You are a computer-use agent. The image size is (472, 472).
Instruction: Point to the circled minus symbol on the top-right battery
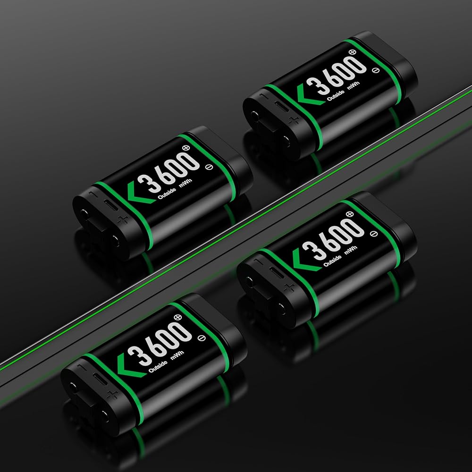tap(376, 70)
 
